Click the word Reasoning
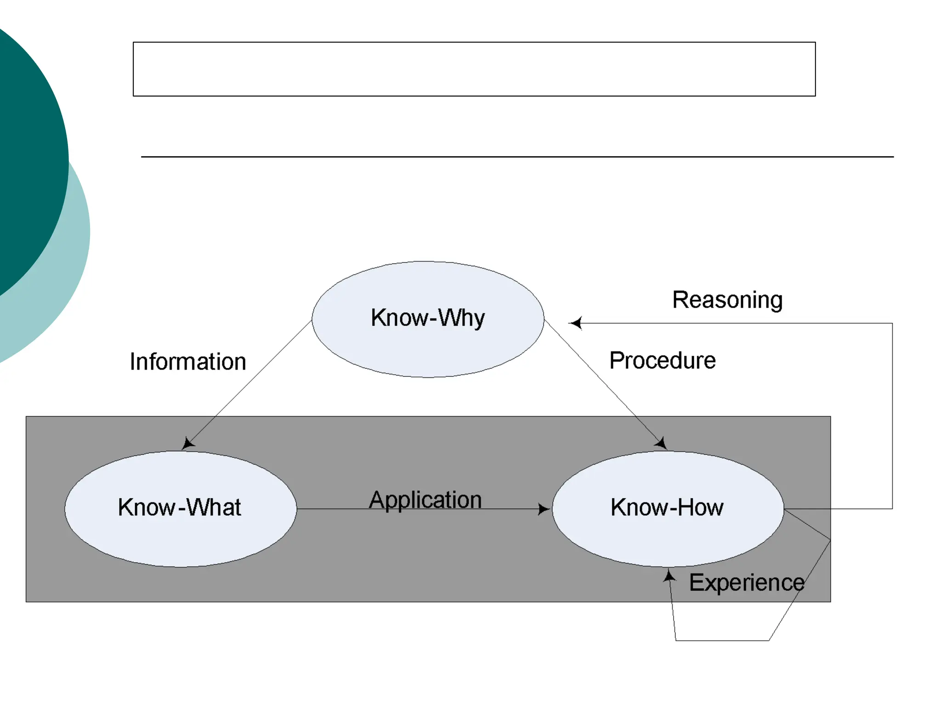click(x=727, y=300)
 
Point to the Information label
click(x=188, y=362)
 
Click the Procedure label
click(x=662, y=360)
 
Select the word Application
click(x=425, y=500)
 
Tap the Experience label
click(x=747, y=583)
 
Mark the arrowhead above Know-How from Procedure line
click(x=662, y=444)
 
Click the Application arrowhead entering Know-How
click(x=544, y=509)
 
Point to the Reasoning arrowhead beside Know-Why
click(x=575, y=323)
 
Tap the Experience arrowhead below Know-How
click(x=669, y=575)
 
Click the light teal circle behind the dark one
click(x=69, y=276)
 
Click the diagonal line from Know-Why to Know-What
click(x=250, y=381)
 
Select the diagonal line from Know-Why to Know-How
click(x=602, y=381)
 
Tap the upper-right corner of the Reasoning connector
click(x=892, y=324)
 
